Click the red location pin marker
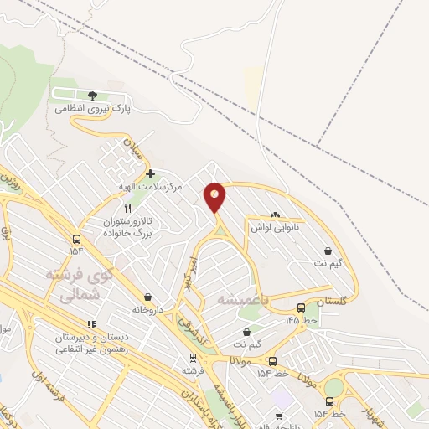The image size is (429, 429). pos(215,196)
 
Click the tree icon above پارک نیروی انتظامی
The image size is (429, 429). pos(92,95)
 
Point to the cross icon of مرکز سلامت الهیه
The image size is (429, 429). pos(150,174)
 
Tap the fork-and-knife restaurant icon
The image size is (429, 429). pos(127,208)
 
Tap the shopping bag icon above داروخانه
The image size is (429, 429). pos(148,297)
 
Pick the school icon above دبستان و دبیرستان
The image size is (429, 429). pos(91,323)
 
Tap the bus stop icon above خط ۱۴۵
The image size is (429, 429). pos(302,308)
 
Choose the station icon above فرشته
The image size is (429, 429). pos(193,356)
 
